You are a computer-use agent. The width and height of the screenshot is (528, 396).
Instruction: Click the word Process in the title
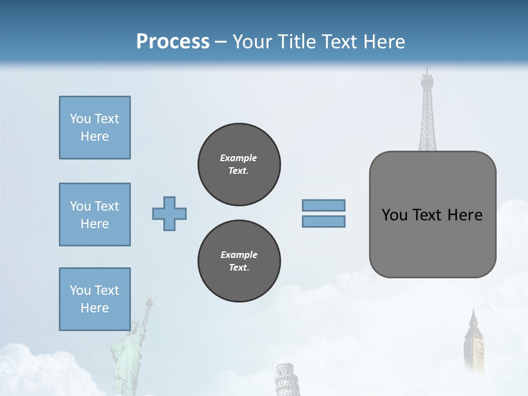pos(173,41)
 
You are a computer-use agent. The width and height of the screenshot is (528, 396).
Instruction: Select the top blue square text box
pos(95,128)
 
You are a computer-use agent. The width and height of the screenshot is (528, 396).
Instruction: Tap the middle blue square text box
pos(95,215)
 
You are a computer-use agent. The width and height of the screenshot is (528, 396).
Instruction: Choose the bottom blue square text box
pos(95,299)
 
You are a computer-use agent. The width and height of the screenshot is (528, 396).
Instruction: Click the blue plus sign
pos(169,213)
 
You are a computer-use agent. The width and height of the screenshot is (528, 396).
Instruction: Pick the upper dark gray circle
pos(239,164)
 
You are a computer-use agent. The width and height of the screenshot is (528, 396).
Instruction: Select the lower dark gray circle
pos(239,261)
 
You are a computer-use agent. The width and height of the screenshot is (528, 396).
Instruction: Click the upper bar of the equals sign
pos(323,205)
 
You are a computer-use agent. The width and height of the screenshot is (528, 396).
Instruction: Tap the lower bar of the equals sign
pos(323,221)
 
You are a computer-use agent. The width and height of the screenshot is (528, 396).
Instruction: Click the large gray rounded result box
pos(432,215)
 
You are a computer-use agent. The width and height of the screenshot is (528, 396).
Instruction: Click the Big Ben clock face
pos(479,346)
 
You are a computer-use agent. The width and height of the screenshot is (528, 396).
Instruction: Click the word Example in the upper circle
pos(239,158)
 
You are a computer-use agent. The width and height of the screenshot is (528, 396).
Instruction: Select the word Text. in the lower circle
pos(239,267)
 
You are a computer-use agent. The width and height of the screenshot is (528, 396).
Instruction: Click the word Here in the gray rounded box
pos(465,215)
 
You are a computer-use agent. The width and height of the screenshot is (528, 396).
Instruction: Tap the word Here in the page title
pos(383,41)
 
